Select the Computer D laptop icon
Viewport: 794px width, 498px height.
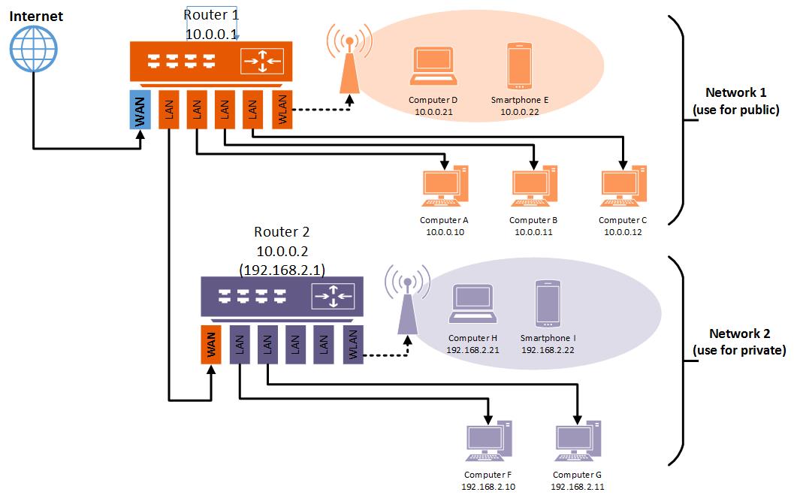433,68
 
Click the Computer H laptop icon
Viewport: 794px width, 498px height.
472,304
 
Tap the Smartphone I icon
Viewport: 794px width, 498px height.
548,304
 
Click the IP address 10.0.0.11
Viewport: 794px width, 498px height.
533,232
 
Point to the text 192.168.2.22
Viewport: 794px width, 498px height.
548,351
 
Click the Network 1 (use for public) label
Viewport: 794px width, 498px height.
735,101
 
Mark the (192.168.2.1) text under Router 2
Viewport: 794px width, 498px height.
282,268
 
